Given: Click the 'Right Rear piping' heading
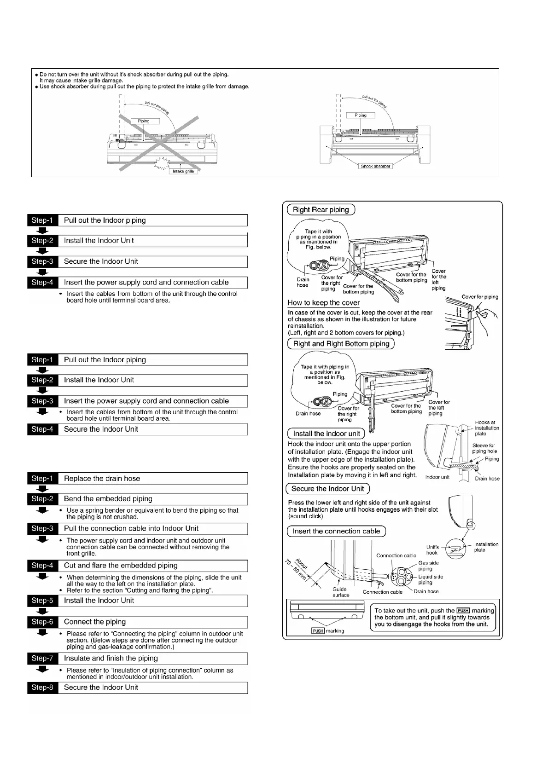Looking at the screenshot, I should [x=321, y=210].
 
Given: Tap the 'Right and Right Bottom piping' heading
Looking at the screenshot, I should [x=341, y=344].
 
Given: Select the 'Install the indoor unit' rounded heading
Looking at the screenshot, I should [x=326, y=434].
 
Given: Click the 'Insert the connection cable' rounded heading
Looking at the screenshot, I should [x=336, y=532].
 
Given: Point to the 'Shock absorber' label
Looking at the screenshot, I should [x=375, y=166].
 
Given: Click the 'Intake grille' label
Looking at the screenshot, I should [x=183, y=171].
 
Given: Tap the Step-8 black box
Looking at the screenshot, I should [x=42, y=688].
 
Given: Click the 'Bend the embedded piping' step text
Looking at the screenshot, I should [x=108, y=499].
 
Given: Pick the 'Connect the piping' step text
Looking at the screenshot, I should [x=94, y=622].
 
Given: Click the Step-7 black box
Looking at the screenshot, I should [x=42, y=659].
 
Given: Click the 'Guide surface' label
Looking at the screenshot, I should [x=341, y=592].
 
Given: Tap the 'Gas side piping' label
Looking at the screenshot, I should [x=428, y=566].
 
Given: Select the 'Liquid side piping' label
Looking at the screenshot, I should [x=431, y=580].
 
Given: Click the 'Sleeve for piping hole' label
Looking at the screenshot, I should [x=484, y=448].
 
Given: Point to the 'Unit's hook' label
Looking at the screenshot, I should [x=432, y=550].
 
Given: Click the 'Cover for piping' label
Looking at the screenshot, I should [x=480, y=297].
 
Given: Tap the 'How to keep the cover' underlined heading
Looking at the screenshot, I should [x=323, y=303].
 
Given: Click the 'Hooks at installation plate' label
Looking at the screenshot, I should [x=487, y=428].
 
